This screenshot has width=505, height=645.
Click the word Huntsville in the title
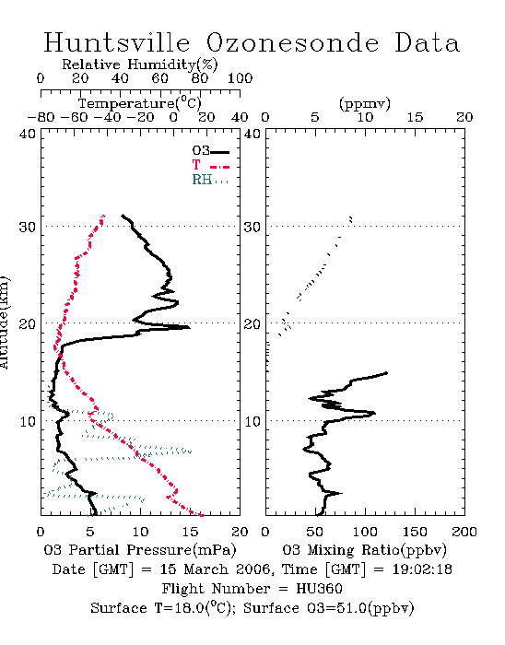(117, 42)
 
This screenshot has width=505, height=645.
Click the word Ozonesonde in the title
(291, 42)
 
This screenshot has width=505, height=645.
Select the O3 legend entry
(210, 151)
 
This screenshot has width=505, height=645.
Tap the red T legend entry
(210, 165)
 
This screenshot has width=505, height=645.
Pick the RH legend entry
(210, 180)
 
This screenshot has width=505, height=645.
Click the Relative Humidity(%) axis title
(140, 64)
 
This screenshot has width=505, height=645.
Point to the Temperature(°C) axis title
(140, 103)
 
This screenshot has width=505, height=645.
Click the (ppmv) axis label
(365, 103)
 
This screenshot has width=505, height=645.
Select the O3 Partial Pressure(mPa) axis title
(140, 550)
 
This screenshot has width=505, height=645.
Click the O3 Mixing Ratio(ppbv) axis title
(364, 550)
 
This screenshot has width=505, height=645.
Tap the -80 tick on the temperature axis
(41, 117)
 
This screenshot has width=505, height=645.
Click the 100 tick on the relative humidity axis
(240, 78)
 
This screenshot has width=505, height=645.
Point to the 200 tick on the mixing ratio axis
(464, 532)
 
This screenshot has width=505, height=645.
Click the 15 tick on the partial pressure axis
(190, 532)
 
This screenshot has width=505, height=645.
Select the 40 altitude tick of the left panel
(28, 134)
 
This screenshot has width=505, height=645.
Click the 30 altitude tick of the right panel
(252, 227)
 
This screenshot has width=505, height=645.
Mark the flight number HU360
(319, 589)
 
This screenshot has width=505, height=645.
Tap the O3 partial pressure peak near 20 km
(189, 327)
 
